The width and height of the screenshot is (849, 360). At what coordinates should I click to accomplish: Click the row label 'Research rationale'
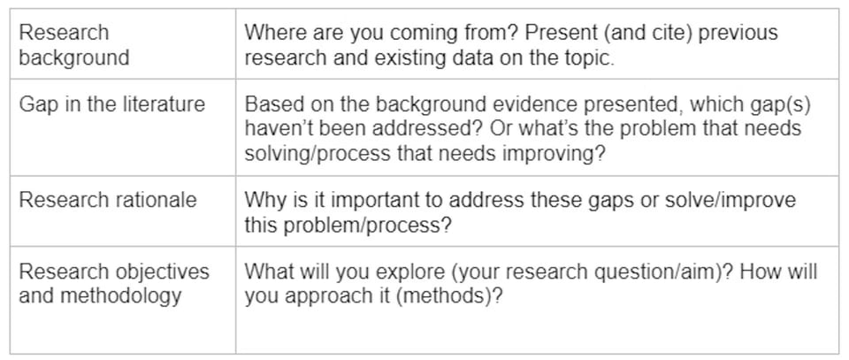(x=107, y=199)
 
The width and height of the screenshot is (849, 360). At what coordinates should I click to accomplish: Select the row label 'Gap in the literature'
(x=111, y=104)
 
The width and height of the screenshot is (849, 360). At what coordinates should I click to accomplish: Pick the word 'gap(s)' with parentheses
(x=781, y=104)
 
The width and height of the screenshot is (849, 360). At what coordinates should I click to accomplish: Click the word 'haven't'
(x=279, y=129)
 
